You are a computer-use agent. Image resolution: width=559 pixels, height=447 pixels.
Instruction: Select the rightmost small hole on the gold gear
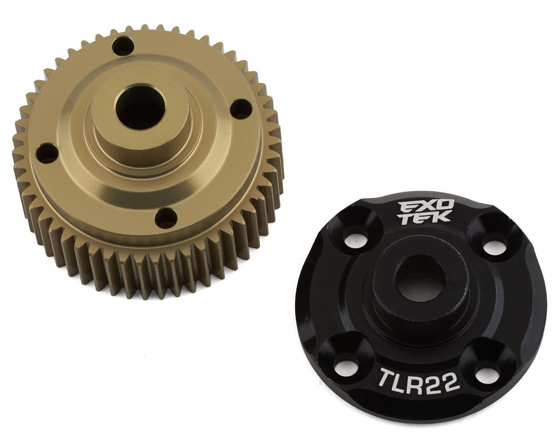[x=241, y=109]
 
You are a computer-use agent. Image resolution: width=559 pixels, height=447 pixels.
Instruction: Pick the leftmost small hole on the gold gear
[x=47, y=153]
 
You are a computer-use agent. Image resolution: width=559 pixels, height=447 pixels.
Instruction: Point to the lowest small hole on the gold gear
[x=166, y=218]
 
